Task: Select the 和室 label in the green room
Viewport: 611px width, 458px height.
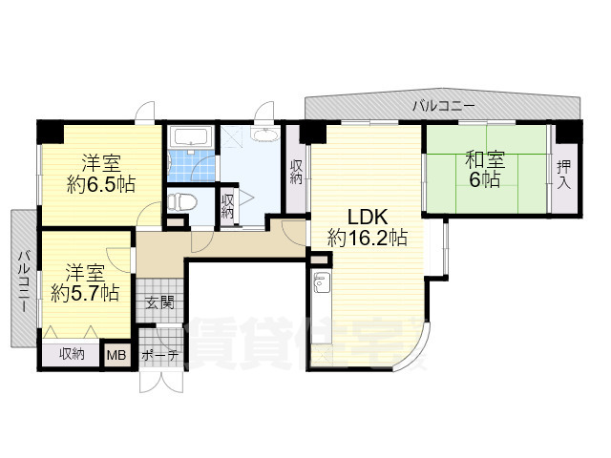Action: [x=485, y=158]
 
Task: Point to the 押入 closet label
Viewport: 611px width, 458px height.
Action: [x=565, y=172]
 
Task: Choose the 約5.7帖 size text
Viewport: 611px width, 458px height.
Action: [x=86, y=292]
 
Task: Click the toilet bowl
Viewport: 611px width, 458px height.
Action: [x=182, y=201]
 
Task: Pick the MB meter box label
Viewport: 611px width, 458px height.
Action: [x=116, y=355]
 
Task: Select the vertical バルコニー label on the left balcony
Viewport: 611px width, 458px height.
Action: [x=23, y=281]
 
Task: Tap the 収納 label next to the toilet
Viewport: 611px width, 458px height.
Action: [x=228, y=206]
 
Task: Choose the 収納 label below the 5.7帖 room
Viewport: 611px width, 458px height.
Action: [x=72, y=354]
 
